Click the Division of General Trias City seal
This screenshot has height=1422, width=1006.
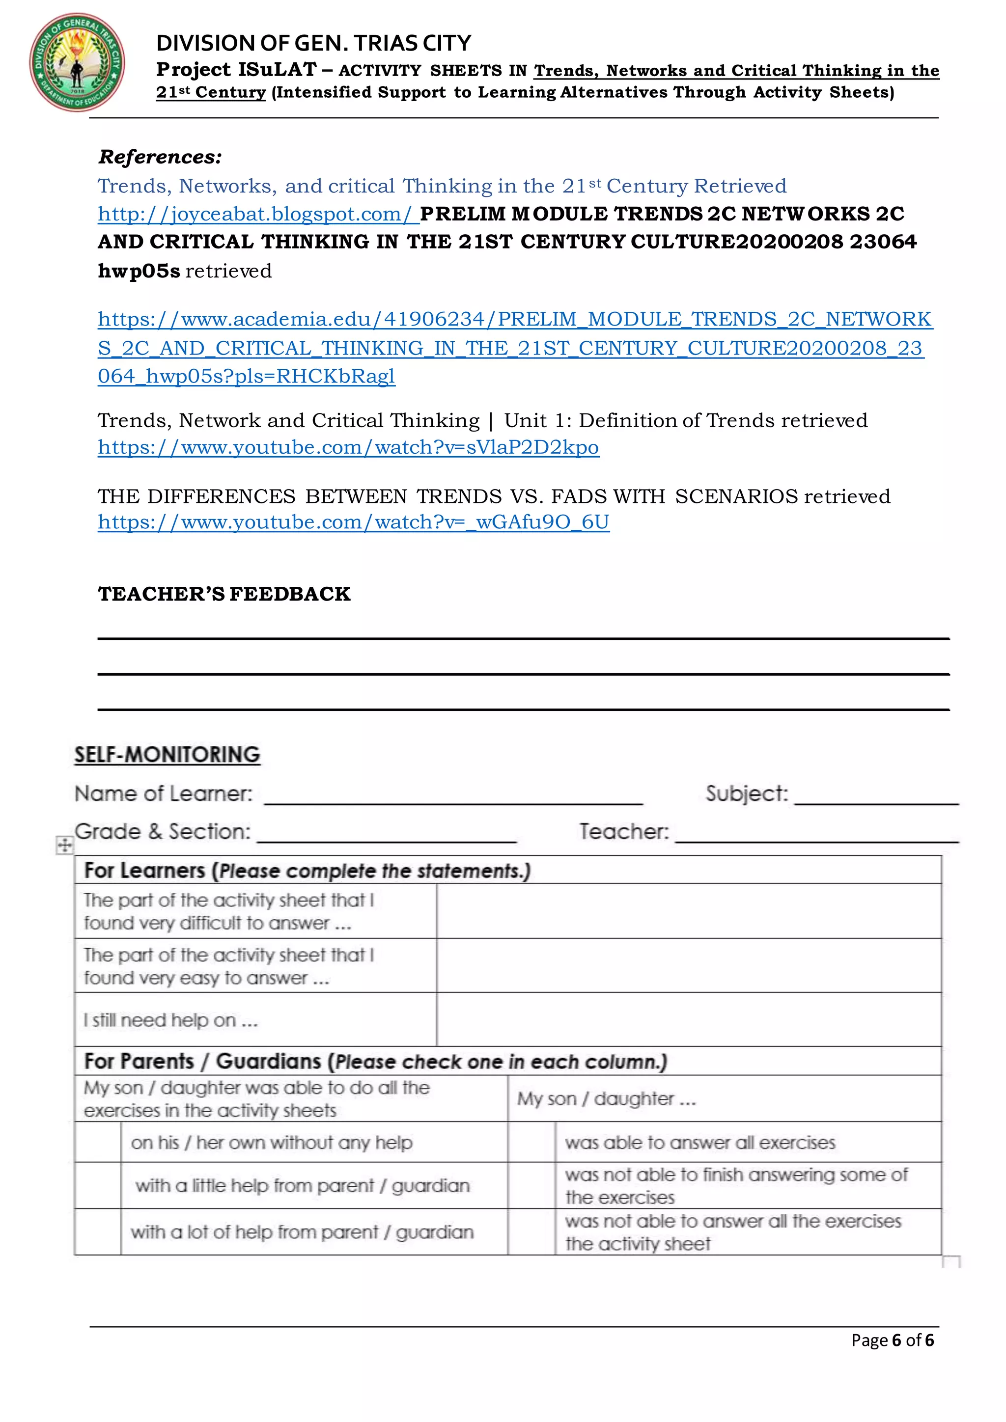pos(77,62)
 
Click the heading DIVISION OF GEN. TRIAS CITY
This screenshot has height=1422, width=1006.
pos(313,43)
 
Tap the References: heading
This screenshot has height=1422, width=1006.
pos(160,157)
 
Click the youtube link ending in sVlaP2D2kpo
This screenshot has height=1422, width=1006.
pos(348,447)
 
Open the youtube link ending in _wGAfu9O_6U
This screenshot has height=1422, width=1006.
pos(353,522)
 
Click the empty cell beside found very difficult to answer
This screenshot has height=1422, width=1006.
pos(688,910)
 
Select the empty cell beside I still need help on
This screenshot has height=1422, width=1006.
pos(688,1019)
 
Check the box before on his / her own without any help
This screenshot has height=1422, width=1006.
pos(97,1142)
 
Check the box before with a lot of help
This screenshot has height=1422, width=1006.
pos(97,1231)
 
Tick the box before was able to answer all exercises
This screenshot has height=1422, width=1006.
pos(531,1142)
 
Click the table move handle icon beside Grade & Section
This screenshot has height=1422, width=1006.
pos(64,846)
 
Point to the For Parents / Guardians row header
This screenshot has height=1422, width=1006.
pos(375,1061)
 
